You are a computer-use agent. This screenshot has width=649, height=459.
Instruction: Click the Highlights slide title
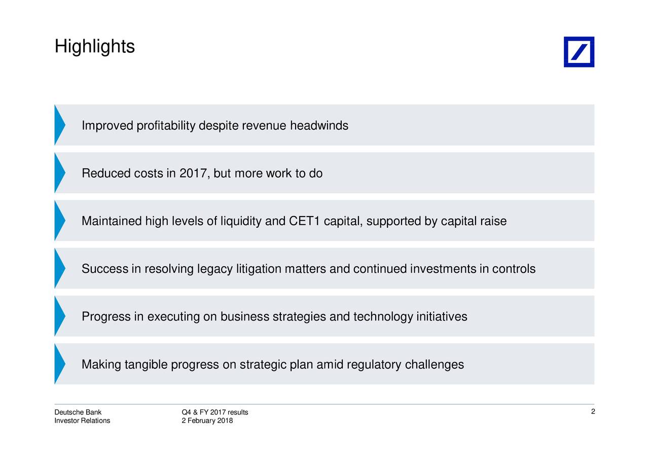point(95,47)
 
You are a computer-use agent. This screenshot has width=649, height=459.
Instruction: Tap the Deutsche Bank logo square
point(579,52)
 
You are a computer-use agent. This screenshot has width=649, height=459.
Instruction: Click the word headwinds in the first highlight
point(319,125)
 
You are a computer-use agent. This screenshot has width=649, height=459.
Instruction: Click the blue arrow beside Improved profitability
point(60,125)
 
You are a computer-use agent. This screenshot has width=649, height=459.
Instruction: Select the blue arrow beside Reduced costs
point(60,173)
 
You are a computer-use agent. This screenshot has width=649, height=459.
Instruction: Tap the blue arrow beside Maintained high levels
point(60,221)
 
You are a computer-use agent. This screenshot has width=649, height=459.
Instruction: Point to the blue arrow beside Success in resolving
point(60,268)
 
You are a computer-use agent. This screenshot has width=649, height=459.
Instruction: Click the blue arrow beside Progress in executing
point(60,316)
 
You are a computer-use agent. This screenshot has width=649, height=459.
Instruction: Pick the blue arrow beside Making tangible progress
point(60,364)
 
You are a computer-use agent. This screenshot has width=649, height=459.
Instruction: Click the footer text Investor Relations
point(82,421)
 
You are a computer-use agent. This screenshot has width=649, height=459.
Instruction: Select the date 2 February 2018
point(207,421)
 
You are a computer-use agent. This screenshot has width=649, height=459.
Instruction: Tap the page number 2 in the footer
point(593,411)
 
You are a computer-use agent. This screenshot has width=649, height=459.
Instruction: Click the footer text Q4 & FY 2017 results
point(215,412)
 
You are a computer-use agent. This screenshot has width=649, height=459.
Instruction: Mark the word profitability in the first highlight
point(166,125)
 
